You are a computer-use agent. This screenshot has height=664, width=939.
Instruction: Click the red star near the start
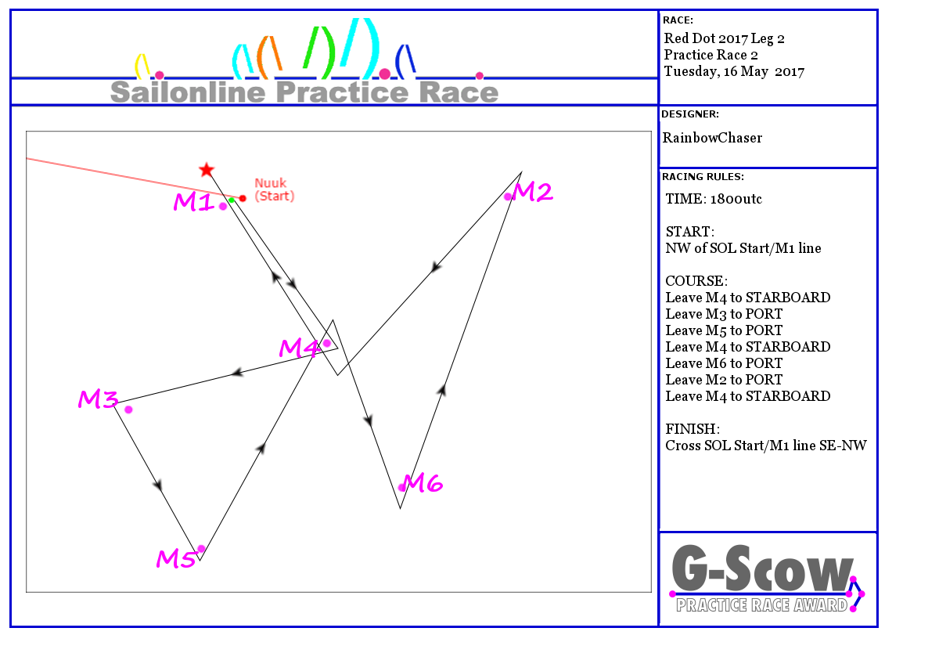tap(207, 170)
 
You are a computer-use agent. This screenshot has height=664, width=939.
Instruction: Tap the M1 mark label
tap(195, 202)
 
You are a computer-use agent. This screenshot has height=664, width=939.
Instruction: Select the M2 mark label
tap(533, 192)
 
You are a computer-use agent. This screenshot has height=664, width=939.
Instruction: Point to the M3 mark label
tap(99, 399)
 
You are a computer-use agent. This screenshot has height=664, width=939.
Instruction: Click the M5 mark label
tap(176, 559)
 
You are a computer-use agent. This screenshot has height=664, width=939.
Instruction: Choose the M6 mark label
tap(423, 483)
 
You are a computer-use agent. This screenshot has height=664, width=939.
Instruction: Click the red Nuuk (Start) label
tap(275, 189)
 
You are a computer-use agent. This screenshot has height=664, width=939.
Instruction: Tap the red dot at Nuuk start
tap(243, 198)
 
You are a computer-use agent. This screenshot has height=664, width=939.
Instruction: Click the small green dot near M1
tap(232, 200)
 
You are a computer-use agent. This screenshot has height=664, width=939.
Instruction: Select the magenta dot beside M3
tap(128, 410)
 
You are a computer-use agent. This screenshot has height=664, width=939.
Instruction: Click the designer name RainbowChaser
tap(712, 138)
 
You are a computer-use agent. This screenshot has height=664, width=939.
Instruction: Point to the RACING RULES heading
tap(703, 177)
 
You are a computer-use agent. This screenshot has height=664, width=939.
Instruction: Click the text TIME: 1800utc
tap(714, 199)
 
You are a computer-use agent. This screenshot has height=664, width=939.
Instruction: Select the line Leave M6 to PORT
tap(724, 363)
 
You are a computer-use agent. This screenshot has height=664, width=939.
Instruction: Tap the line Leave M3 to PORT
tap(724, 314)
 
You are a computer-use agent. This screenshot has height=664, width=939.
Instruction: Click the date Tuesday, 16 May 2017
tap(734, 71)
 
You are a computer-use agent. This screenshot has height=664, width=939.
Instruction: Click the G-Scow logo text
tap(762, 568)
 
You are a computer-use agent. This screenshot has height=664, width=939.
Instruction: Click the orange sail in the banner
tap(268, 57)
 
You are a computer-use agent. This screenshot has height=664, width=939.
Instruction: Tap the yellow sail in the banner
tap(141, 67)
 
